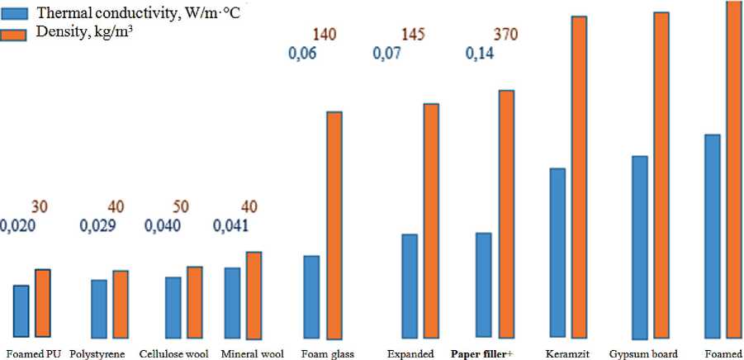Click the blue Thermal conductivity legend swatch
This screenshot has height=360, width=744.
coord(15,14)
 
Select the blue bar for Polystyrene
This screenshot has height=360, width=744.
coord(99,308)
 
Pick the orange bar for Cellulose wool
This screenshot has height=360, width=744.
coord(195,301)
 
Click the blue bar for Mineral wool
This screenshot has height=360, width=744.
coord(232,302)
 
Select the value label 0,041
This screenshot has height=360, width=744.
coord(234,225)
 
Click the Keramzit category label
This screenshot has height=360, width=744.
coord(566,353)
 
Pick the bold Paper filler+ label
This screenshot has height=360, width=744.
coord(481,353)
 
